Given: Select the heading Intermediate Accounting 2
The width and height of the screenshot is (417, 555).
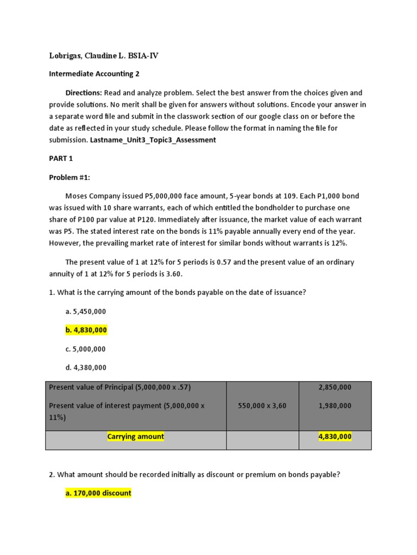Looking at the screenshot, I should (91, 74).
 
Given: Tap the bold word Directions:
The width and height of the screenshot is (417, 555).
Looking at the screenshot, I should (84, 93).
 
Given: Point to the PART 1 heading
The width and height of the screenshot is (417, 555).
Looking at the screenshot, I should (61, 158).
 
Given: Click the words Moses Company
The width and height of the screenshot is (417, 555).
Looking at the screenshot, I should (92, 196).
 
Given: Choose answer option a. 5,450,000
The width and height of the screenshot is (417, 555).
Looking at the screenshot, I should (85, 311).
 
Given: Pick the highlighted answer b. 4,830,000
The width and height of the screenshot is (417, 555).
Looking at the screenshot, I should (86, 330).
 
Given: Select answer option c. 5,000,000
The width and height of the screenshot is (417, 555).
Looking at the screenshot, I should (85, 349).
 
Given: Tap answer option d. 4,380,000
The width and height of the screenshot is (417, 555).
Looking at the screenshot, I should (86, 367).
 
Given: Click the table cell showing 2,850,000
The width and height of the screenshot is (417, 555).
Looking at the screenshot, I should (334, 387).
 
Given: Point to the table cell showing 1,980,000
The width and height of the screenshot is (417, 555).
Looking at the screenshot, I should (334, 405).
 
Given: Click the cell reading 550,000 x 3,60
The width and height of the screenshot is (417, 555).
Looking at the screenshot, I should (262, 405).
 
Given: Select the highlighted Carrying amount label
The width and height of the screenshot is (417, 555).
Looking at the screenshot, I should (135, 436).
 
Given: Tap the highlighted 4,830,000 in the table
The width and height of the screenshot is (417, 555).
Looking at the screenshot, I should (334, 436).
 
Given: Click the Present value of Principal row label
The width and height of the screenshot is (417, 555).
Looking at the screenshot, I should (119, 387).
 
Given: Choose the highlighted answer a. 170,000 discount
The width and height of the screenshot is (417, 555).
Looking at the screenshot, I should (98, 493).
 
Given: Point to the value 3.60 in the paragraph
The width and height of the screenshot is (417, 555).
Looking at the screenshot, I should (172, 274).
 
